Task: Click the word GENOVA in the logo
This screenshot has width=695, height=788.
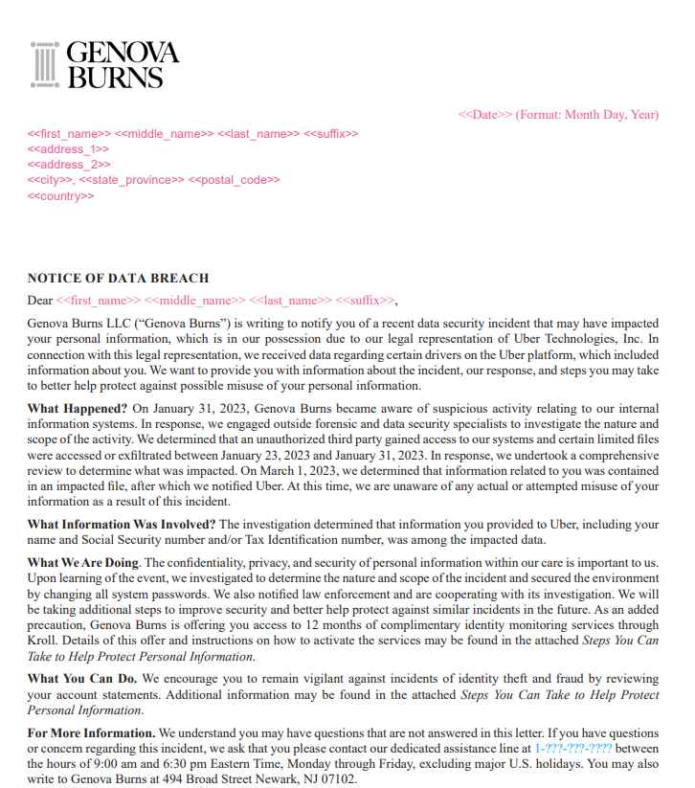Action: [123, 53]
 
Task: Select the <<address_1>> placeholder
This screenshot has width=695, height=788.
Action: [68, 149]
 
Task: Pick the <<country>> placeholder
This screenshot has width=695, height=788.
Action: [60, 196]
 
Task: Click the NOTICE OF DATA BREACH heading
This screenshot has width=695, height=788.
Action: [118, 279]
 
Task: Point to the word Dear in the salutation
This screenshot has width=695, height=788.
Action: [39, 300]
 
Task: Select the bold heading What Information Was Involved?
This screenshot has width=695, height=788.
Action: [122, 524]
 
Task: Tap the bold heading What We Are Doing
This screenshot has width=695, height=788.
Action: [82, 562]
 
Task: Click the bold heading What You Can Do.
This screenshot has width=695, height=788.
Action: [81, 679]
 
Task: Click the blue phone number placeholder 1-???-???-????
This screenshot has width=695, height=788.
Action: [573, 748]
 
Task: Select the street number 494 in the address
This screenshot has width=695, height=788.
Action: [187, 778]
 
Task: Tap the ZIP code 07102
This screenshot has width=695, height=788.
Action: [339, 778]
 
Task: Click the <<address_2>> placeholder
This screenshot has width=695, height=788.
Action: [68, 165]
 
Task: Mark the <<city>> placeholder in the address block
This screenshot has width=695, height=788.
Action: [50, 180]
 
